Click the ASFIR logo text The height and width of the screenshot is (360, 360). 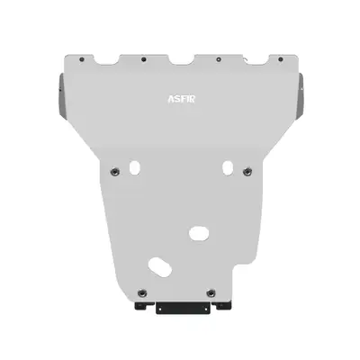point(179,100)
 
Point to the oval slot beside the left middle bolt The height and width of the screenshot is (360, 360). point(134,167)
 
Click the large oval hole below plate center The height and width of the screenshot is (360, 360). point(196,233)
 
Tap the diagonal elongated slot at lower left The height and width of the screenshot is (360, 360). point(159,267)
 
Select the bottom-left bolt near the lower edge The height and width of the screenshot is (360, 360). point(139,292)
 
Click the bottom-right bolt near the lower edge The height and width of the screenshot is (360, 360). point(209,292)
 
